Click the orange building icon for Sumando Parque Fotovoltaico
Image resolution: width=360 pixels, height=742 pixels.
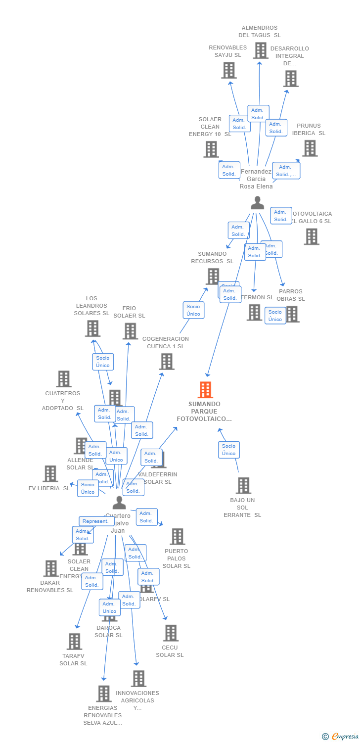(205, 390)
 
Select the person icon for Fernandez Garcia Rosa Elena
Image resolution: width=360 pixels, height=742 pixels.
(257, 203)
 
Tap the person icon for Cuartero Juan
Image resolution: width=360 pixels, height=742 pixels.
(119, 503)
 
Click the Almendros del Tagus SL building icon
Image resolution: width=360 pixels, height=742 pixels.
(261, 50)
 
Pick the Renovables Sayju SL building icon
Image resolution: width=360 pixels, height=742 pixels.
(228, 70)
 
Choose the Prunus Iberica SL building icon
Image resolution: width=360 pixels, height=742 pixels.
(310, 148)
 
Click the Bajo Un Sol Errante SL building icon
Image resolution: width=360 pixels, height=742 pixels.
(243, 486)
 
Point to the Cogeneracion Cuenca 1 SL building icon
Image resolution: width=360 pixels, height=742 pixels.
(167, 362)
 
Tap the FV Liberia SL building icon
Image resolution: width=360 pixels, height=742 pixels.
(50, 474)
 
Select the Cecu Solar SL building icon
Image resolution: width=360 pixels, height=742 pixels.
(171, 633)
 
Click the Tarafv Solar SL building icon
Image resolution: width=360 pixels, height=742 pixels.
(74, 642)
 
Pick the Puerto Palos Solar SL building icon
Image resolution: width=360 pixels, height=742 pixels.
(177, 537)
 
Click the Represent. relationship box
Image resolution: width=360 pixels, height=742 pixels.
(95, 521)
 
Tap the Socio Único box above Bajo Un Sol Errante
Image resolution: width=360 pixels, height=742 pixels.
(228, 450)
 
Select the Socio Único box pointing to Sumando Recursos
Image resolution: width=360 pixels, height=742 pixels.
(193, 310)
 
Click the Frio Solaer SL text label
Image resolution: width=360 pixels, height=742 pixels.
(129, 312)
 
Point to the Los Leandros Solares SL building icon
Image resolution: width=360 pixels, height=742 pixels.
(92, 328)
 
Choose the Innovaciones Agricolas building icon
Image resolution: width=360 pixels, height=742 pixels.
(138, 679)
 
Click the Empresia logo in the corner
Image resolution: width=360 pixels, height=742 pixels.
(340, 737)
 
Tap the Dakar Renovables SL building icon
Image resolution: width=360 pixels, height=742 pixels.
(50, 569)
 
